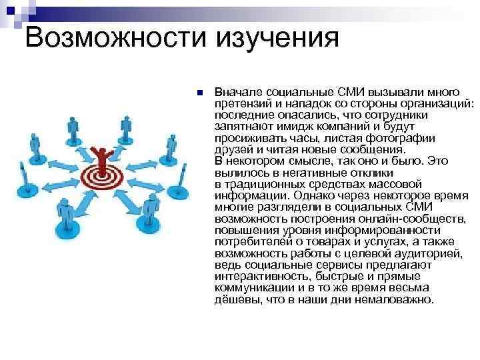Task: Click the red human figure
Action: pos(103,157)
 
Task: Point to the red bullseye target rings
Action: pos(103,176)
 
